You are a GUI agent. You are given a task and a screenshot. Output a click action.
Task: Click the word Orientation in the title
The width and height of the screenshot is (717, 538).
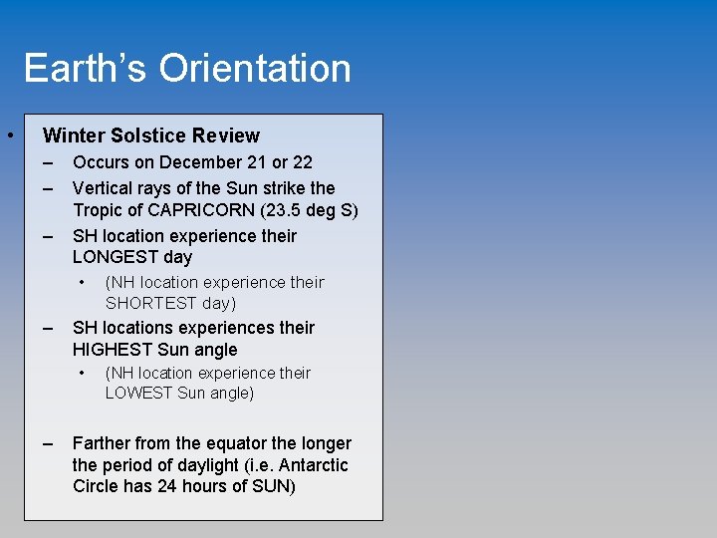[255, 69]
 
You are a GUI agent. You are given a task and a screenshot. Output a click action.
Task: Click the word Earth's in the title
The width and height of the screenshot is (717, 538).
[85, 69]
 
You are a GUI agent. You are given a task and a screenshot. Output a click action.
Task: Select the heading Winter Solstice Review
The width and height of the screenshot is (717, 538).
[151, 135]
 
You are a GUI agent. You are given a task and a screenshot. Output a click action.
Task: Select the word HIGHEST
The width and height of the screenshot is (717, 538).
[114, 350]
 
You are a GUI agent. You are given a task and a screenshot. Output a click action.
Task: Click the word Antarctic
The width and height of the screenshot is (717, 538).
[314, 465]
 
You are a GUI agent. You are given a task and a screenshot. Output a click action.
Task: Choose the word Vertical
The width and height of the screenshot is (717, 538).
[104, 188]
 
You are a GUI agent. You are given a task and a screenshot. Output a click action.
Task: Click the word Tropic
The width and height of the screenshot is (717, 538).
[98, 210]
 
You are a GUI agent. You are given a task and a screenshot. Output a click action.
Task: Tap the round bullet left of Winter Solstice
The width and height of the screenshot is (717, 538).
[8, 134]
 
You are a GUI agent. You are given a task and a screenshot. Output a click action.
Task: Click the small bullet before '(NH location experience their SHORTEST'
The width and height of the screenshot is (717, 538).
[82, 282]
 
